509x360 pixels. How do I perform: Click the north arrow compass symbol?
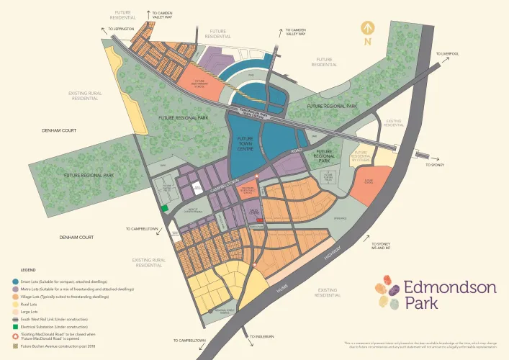tap(369, 32)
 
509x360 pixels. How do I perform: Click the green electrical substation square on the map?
tap(164, 208)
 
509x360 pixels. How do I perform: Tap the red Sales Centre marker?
tap(250, 220)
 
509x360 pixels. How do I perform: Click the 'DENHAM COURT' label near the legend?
tap(77, 237)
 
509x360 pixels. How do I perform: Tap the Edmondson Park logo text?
tap(449, 295)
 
